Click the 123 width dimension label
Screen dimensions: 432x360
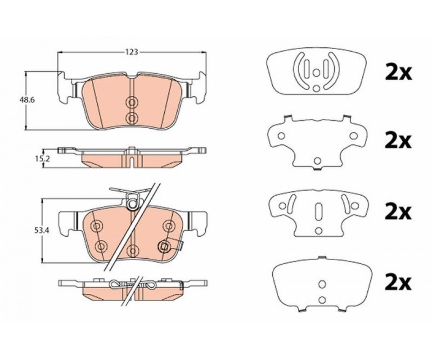click(x=132, y=52)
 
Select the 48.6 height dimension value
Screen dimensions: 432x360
click(x=27, y=100)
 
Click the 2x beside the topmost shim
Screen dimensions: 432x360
click(x=398, y=72)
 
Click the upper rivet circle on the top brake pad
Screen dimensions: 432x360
click(x=132, y=103)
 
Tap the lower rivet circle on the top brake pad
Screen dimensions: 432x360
click(x=132, y=118)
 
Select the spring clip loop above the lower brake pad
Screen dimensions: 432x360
click(x=133, y=201)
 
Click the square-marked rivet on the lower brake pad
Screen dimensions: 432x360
click(x=165, y=247)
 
